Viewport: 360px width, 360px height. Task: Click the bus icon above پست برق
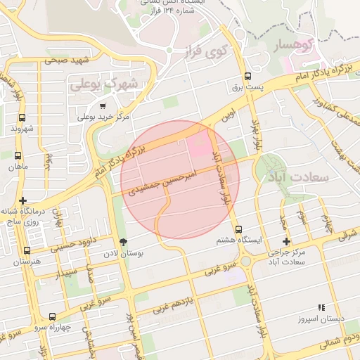(247, 77)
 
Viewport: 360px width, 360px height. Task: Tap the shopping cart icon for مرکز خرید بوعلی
(103, 106)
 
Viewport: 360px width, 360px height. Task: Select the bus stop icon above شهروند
(21, 118)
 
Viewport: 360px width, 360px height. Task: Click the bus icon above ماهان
(17, 156)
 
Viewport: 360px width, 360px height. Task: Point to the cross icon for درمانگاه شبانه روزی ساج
(23, 200)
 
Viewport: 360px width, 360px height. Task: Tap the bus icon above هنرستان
(27, 250)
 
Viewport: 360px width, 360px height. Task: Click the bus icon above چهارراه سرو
(52, 316)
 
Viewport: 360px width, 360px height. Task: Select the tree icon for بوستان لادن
(124, 242)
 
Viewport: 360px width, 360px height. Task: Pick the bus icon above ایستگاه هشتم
(238, 229)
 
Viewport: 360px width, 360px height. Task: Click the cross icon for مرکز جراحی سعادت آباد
(286, 241)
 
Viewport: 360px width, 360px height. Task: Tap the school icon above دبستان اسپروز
(321, 307)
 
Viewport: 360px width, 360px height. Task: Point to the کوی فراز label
(210, 51)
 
